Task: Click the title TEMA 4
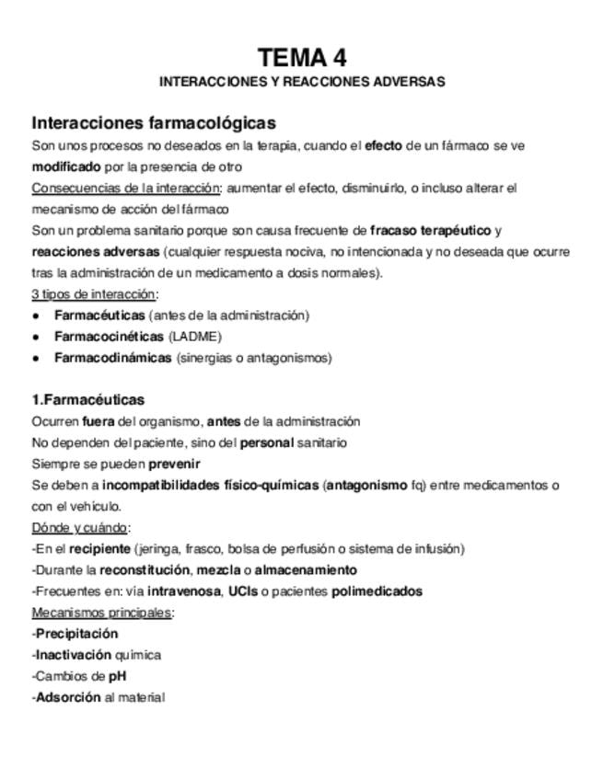coord(302,58)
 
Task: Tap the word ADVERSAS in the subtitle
coord(412,82)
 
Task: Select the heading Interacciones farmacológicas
coord(154,123)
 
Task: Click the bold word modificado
coord(66,166)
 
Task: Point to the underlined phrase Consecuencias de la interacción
coord(126,188)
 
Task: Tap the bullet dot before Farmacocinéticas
coord(36,337)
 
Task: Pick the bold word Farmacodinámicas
coord(112,358)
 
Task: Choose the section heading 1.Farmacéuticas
coord(88,400)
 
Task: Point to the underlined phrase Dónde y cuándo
coord(80,527)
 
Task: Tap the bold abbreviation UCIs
coord(242,591)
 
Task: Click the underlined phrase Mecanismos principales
coord(101,613)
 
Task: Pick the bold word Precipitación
coord(76,634)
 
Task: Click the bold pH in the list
coord(117,676)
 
